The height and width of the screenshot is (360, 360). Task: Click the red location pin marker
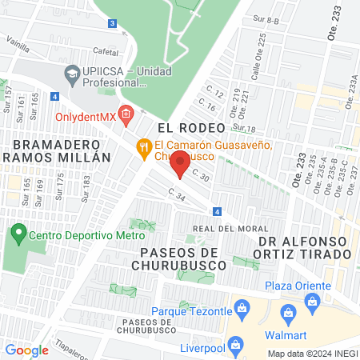pyautogui.click(x=181, y=163)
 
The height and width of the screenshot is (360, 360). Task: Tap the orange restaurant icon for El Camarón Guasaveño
pyautogui.click(x=144, y=146)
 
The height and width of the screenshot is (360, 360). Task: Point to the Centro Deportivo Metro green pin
pyautogui.click(x=18, y=235)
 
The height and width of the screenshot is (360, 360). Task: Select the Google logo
pyautogui.click(x=26, y=350)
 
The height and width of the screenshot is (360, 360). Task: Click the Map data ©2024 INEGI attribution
pyautogui.click(x=311, y=354)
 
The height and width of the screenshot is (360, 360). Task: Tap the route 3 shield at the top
pyautogui.click(x=112, y=23)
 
